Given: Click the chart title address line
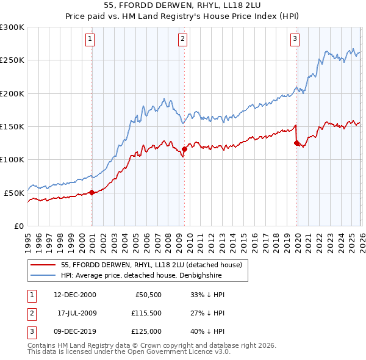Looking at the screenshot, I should pos(182,5).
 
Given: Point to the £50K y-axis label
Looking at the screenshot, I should pos(15,193).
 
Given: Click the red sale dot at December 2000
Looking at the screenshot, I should pos(92,192).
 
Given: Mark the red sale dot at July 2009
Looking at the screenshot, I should pos(184,149).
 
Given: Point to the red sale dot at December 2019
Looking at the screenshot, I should pos(296,143).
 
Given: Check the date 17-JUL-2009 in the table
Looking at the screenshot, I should pos(75,313).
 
